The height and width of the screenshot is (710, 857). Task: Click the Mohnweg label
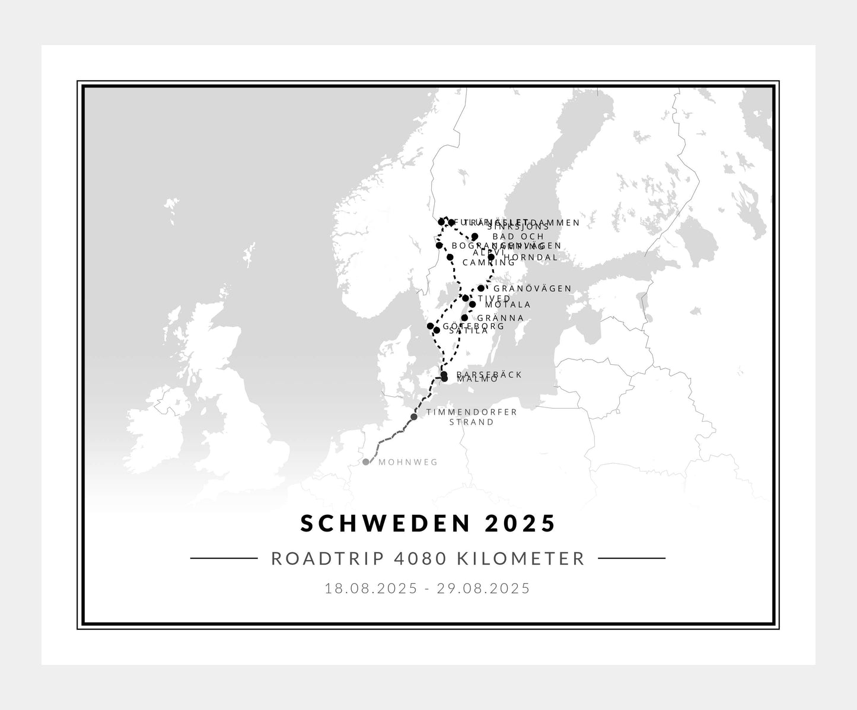[x=408, y=463]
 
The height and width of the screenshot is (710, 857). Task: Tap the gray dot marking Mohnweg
[x=366, y=462]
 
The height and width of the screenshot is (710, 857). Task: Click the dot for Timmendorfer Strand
[x=414, y=416]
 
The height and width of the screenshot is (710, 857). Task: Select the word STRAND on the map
[x=471, y=422]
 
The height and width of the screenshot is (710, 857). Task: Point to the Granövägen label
[x=532, y=289]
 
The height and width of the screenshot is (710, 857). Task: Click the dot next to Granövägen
[x=481, y=288]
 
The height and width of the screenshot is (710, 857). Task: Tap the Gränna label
[x=500, y=318]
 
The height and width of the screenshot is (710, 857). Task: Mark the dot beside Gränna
[x=464, y=318]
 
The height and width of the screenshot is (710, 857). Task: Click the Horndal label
[x=531, y=257]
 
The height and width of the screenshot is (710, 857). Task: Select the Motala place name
[x=508, y=304]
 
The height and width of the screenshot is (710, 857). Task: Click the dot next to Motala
[x=472, y=304]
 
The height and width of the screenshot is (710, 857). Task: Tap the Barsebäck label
[x=489, y=374]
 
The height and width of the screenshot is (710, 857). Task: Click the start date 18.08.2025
[x=374, y=588]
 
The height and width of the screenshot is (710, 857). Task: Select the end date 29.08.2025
[x=483, y=588]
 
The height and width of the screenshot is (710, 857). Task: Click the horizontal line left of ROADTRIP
[x=224, y=558]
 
